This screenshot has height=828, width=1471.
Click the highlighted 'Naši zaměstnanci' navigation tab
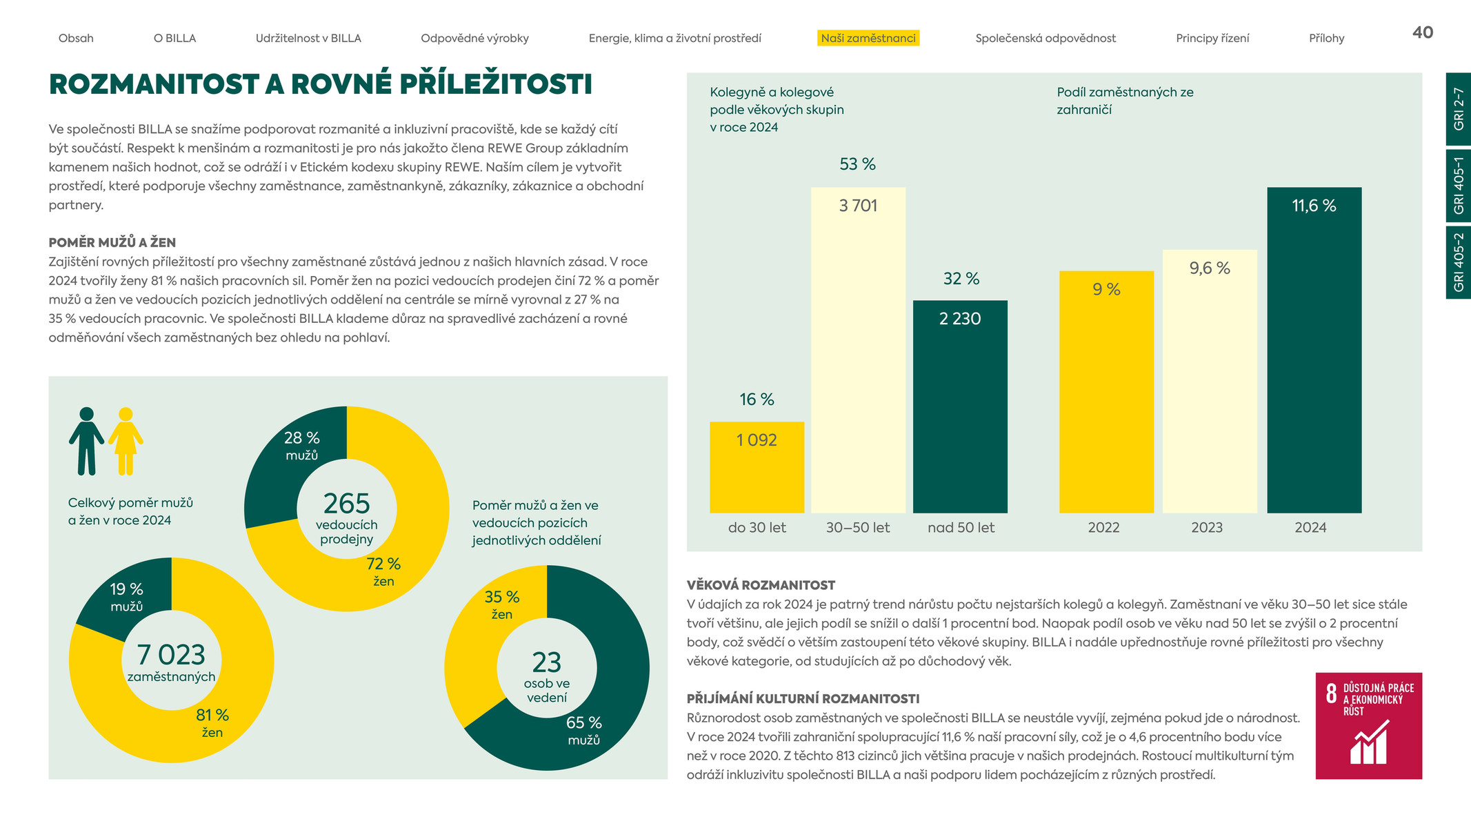click(x=868, y=38)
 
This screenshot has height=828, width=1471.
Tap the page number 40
click(x=1423, y=32)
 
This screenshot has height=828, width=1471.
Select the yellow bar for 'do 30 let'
click(x=757, y=467)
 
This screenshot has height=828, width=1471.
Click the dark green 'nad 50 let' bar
click(x=960, y=406)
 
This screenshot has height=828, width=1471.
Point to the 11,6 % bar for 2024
click(x=1314, y=350)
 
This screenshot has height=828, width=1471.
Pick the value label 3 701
click(x=858, y=206)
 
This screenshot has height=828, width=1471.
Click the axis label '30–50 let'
click(x=858, y=528)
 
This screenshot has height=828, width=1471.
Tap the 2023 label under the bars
click(x=1207, y=528)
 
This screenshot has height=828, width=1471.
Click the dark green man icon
click(x=86, y=441)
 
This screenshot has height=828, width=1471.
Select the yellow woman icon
click(x=126, y=441)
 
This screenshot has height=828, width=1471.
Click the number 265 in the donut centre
click(x=346, y=504)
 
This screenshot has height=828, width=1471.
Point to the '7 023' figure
click(x=171, y=655)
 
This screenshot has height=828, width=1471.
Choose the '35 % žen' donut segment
click(x=483, y=635)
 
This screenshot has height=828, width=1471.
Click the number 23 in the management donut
click(x=547, y=663)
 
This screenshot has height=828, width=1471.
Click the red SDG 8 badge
click(x=1369, y=726)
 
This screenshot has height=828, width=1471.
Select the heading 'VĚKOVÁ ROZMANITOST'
click(x=761, y=585)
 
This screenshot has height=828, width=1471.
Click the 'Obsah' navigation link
click(x=76, y=38)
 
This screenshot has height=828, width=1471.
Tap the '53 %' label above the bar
click(x=857, y=164)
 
